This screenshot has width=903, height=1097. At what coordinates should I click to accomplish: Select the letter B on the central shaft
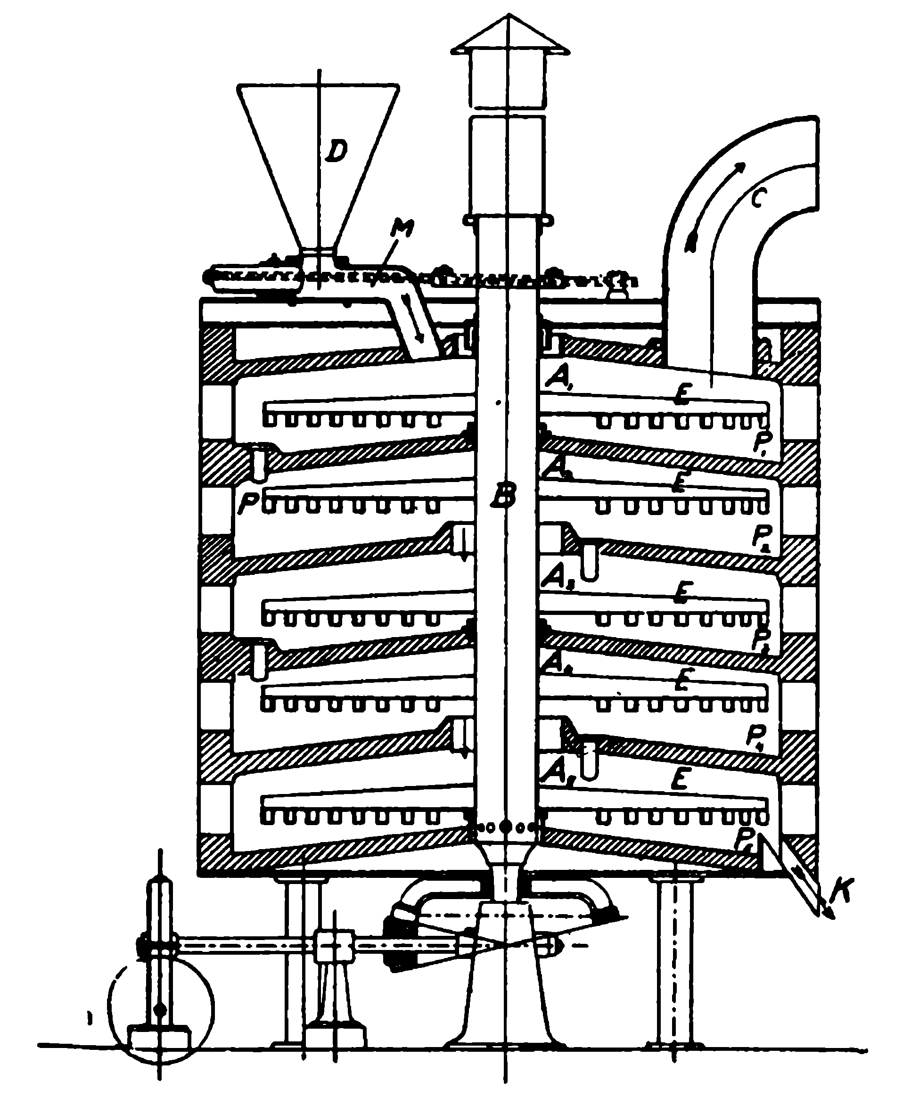pos(504,496)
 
